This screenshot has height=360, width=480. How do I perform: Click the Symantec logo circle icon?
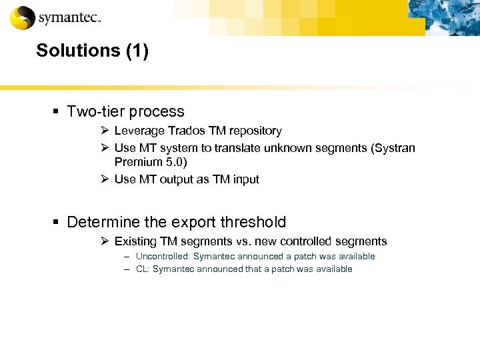[22, 17]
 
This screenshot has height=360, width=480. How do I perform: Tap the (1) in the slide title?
[136, 51]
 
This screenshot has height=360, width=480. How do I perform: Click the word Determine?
[105, 222]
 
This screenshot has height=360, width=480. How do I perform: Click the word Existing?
[135, 241]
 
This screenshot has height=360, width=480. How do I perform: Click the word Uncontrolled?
[161, 256]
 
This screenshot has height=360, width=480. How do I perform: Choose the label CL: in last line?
[142, 269]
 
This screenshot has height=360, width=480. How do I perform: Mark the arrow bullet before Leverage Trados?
[105, 131]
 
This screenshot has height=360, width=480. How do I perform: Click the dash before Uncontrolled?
[126, 256]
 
